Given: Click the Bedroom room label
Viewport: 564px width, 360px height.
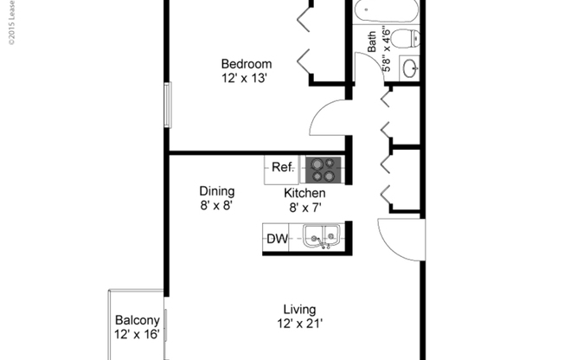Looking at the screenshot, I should pyautogui.click(x=247, y=64).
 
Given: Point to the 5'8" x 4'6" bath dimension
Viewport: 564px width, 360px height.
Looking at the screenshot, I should pyautogui.click(x=387, y=48).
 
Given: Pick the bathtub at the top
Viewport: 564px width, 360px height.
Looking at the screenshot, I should pyautogui.click(x=386, y=12).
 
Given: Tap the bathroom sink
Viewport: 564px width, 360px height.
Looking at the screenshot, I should pyautogui.click(x=410, y=68).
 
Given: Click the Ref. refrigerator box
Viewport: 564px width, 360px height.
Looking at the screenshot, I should pyautogui.click(x=284, y=167).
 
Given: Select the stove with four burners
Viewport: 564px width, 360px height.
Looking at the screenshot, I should pyautogui.click(x=324, y=167).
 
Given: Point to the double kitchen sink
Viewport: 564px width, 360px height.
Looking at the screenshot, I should pyautogui.click(x=320, y=236).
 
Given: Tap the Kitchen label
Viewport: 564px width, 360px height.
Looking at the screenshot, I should pyautogui.click(x=306, y=193).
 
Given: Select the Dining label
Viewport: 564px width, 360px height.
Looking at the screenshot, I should pyautogui.click(x=216, y=191).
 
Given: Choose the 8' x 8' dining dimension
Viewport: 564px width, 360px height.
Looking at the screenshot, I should pyautogui.click(x=216, y=206).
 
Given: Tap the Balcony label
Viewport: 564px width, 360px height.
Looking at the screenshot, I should pyautogui.click(x=137, y=319).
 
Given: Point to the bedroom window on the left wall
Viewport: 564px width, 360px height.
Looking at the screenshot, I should pyautogui.click(x=169, y=104).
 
